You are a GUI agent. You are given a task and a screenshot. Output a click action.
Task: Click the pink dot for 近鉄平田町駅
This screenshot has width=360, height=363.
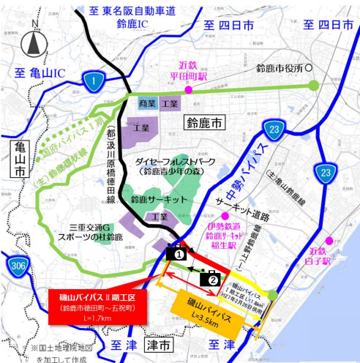[188, 89]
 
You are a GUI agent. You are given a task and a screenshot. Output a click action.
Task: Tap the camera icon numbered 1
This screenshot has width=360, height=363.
[176, 252]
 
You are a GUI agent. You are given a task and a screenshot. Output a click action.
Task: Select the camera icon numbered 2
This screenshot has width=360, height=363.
[212, 277]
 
